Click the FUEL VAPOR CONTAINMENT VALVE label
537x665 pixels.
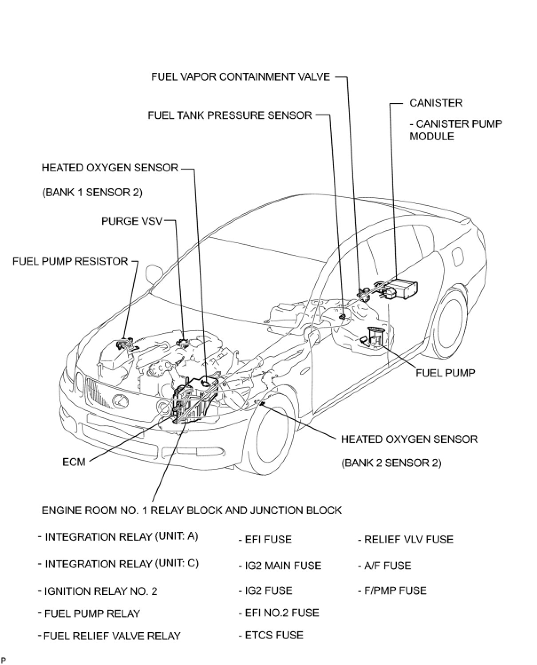pyautogui.click(x=241, y=77)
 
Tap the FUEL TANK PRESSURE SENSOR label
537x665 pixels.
pyautogui.click(x=230, y=115)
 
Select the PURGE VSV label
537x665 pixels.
pyautogui.click(x=132, y=221)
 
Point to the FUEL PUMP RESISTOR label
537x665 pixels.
pyautogui.click(x=70, y=261)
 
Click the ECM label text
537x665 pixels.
pyautogui.click(x=74, y=462)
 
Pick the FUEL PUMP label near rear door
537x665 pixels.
pyautogui.click(x=445, y=373)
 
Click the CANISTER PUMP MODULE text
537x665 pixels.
pyautogui.click(x=455, y=130)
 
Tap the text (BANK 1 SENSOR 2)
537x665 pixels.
pyautogui.click(x=92, y=193)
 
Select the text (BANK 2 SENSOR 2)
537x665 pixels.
pyautogui.click(x=391, y=463)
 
